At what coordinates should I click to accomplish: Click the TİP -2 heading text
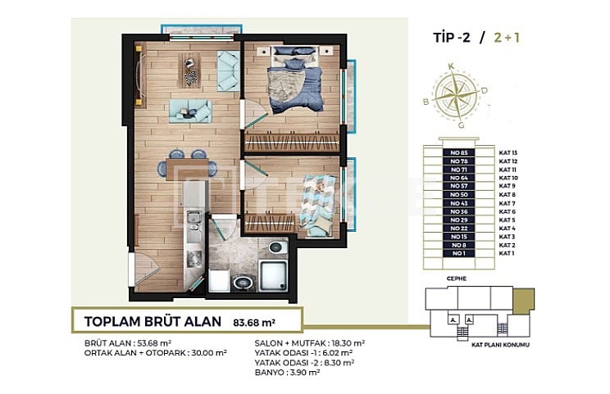pos(454,37)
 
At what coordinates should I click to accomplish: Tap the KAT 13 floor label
pos(508,152)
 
